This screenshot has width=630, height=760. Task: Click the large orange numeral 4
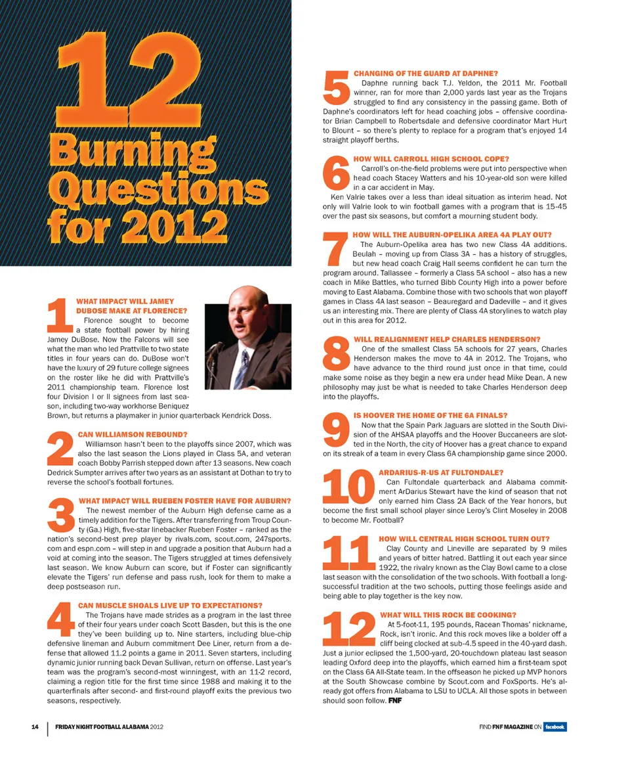click(x=62, y=622)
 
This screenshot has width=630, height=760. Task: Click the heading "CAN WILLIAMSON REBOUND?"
click(x=133, y=434)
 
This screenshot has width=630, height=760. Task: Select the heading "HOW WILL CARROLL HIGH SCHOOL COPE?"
click(x=430, y=159)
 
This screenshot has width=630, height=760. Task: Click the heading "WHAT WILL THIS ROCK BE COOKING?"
click(x=448, y=615)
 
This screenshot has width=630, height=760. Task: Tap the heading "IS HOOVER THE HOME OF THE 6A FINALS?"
click(x=430, y=416)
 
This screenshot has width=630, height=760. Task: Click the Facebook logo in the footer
click(x=555, y=726)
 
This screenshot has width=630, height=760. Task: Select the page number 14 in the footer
click(x=35, y=726)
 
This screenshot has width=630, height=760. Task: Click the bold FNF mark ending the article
click(x=394, y=701)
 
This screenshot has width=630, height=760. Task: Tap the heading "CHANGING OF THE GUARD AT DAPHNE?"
click(x=425, y=73)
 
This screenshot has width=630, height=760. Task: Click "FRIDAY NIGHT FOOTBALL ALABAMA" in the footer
click(x=101, y=726)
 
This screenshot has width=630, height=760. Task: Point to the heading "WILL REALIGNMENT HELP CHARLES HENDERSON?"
click(x=446, y=339)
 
